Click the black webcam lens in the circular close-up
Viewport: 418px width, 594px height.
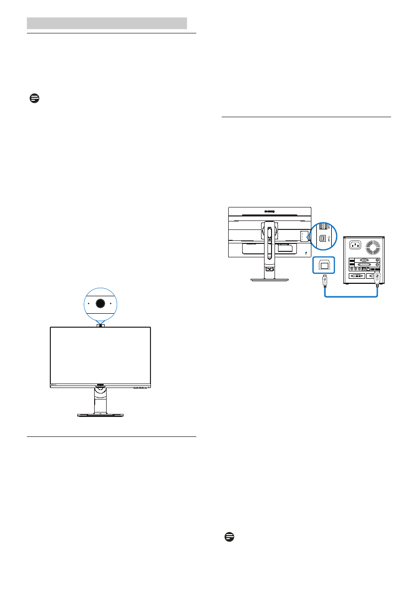point(100,303)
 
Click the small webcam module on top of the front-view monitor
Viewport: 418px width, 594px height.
point(100,325)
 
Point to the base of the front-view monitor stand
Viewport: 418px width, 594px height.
point(100,414)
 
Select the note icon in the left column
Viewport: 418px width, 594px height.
point(34,98)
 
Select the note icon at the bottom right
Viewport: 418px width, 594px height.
point(229,537)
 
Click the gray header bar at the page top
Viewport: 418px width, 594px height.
point(107,23)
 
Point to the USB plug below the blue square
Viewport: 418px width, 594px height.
point(324,282)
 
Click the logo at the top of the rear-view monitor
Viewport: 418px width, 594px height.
point(270,211)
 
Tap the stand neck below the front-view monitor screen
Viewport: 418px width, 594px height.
point(100,399)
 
